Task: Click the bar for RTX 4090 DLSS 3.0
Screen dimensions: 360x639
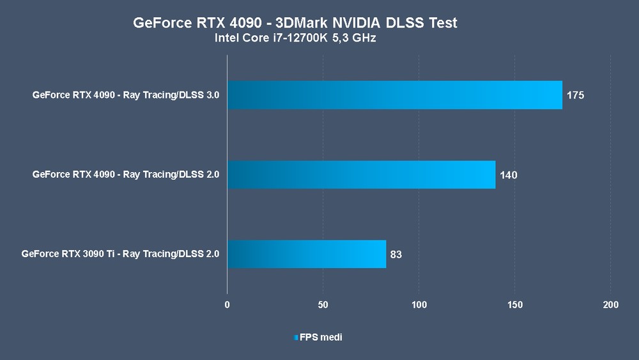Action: [394, 95]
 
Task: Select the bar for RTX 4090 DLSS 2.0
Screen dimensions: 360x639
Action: [361, 175]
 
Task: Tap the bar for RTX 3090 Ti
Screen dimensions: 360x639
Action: [307, 254]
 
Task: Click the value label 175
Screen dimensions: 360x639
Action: [576, 96]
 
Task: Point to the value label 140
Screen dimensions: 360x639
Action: [509, 175]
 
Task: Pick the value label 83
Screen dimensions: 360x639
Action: [396, 254]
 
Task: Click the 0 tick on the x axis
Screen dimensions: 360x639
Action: [227, 305]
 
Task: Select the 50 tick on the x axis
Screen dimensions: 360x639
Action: [323, 305]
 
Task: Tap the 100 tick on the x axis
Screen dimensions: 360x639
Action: [419, 305]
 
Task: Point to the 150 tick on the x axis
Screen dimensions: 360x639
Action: [515, 305]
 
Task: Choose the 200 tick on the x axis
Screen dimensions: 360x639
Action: [611, 305]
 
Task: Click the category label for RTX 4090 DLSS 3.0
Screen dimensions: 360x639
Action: [126, 95]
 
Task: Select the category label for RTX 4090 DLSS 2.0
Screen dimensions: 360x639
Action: [126, 175]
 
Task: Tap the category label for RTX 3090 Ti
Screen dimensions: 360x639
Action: [120, 254]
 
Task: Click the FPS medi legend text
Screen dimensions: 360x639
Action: [321, 337]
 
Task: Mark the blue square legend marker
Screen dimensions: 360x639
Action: [296, 337]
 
